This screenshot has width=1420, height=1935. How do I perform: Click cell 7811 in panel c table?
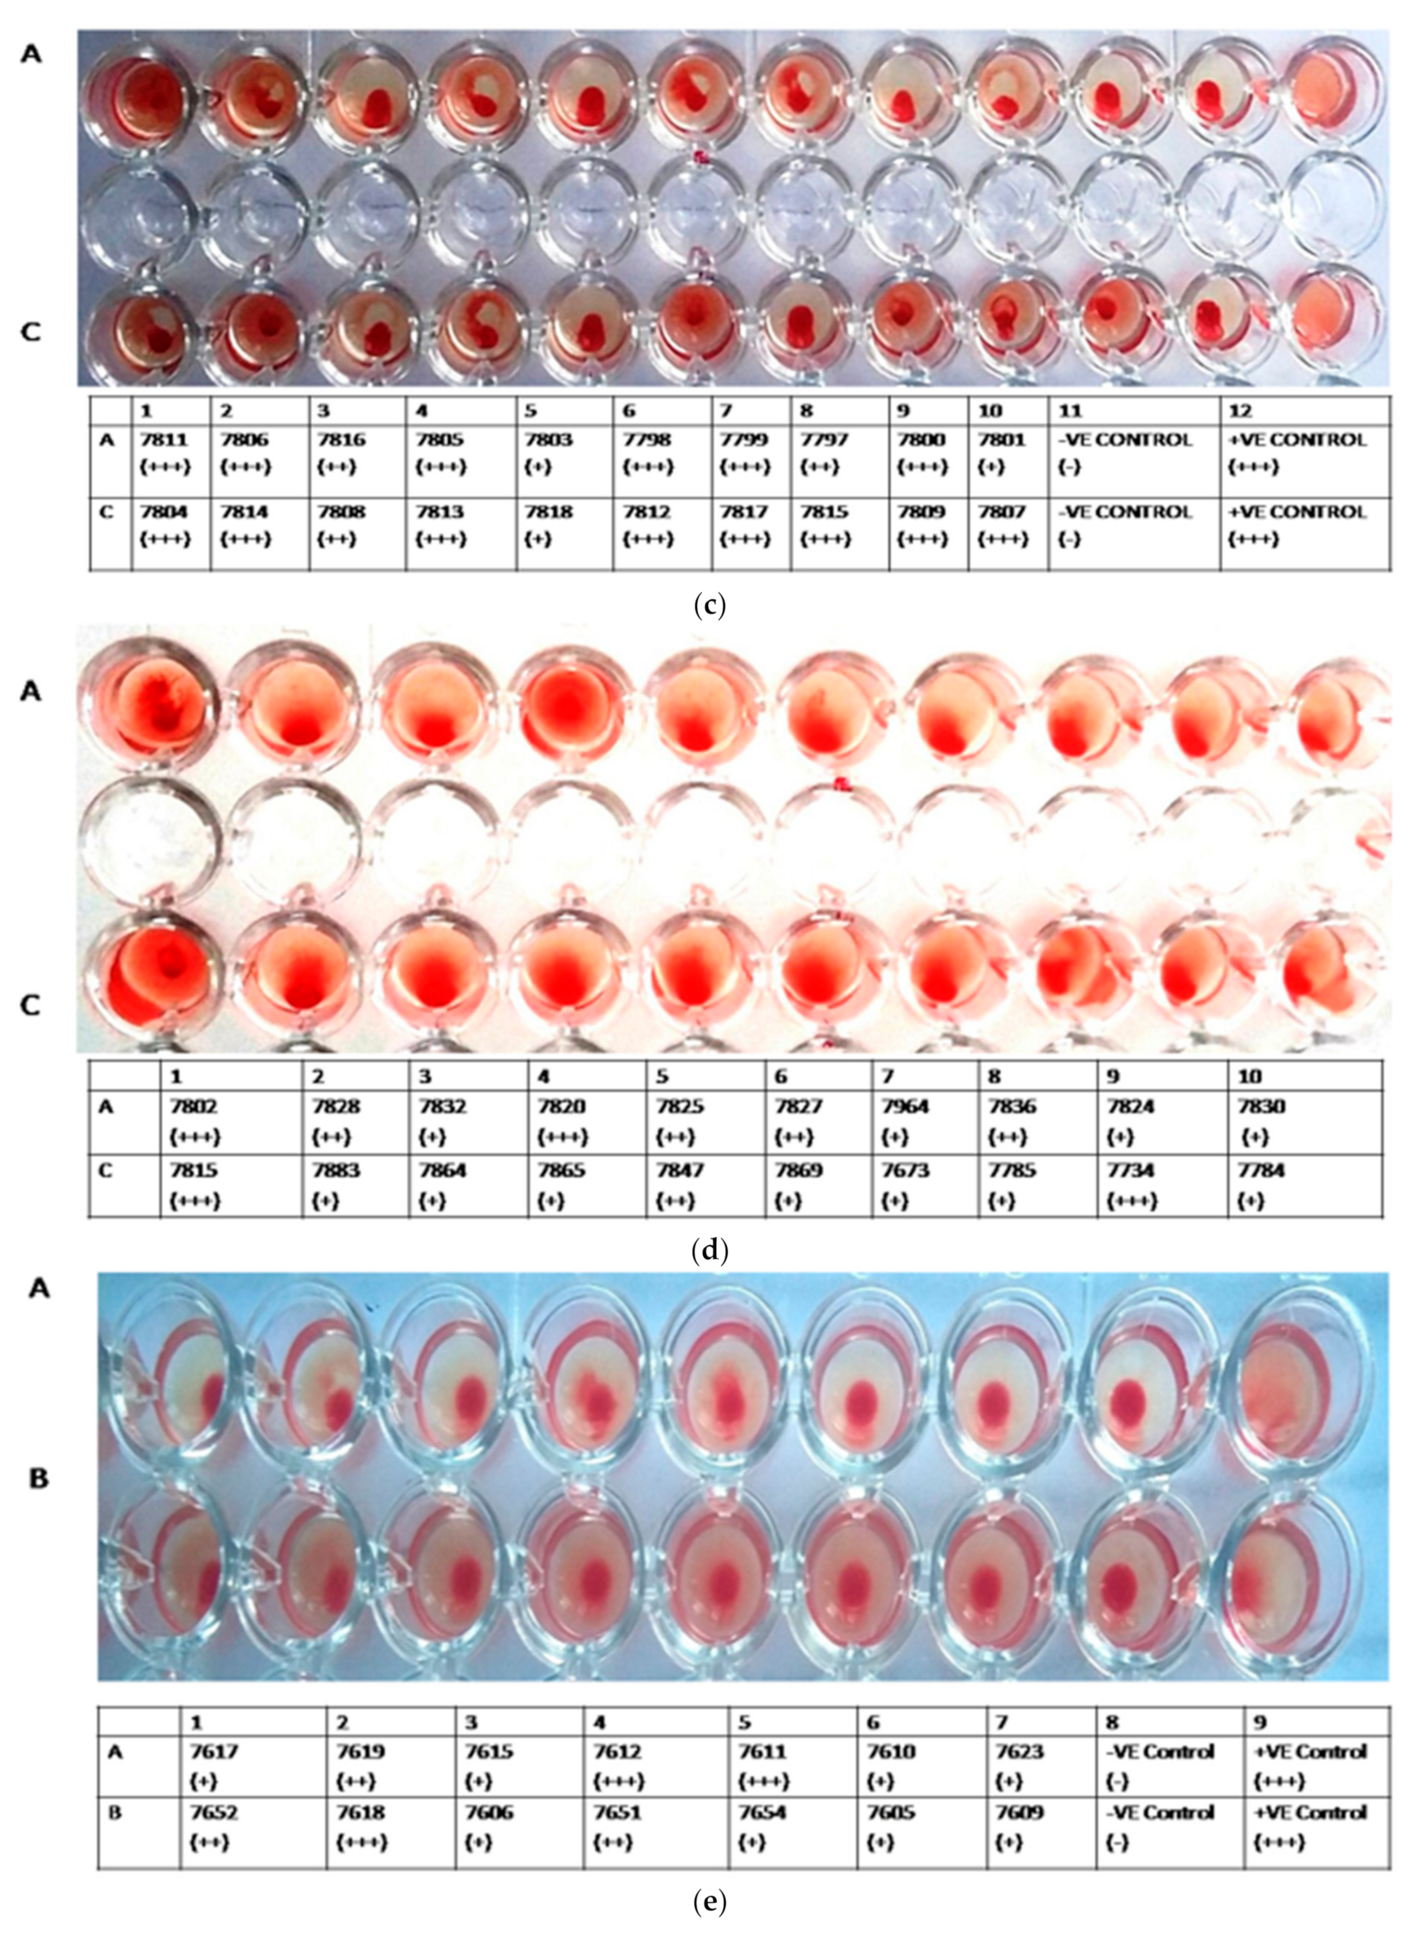coord(171,453)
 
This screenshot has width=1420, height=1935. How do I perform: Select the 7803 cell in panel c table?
coord(563,453)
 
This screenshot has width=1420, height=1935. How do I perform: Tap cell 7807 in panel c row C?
coord(1007,525)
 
